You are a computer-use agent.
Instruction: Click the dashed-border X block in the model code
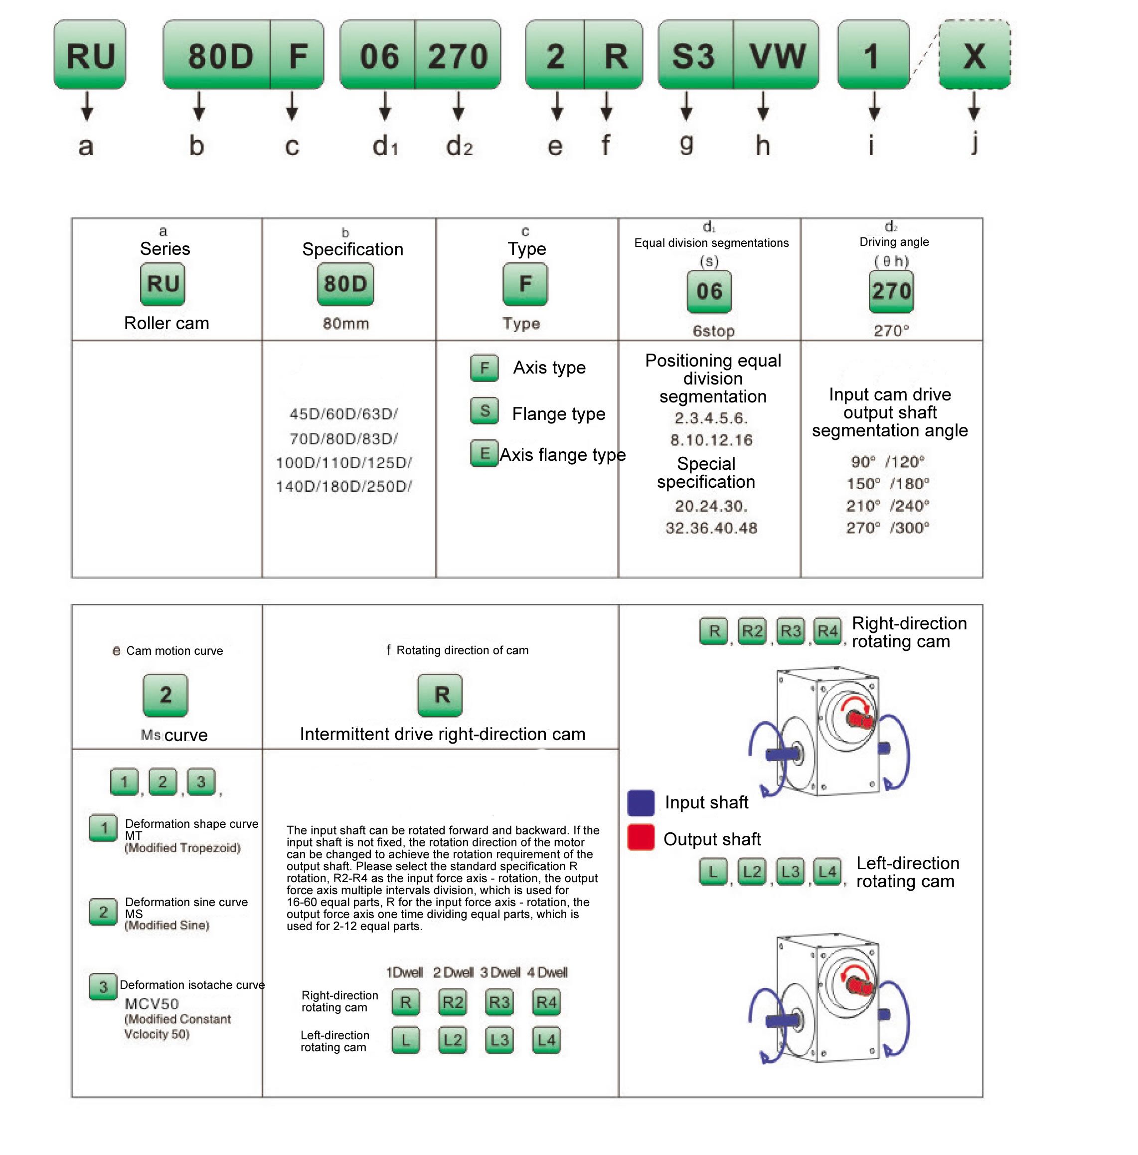pos(974,55)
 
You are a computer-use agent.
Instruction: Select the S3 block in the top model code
pos(694,55)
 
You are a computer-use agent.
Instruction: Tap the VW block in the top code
pos(777,55)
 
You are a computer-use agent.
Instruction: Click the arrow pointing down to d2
pos(459,106)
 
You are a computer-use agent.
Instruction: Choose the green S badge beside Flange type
pos(484,411)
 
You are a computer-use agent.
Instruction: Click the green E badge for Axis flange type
pos(484,454)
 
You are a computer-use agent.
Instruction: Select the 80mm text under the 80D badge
pos(346,324)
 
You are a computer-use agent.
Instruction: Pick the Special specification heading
pos(706,473)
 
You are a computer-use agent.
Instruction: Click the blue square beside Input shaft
pos(641,803)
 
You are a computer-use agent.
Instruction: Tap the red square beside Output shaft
pos(641,837)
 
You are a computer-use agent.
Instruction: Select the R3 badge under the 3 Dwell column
pos(499,1002)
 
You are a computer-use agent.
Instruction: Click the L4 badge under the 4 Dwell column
pos(546,1041)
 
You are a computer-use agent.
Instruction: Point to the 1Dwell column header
pos(404,972)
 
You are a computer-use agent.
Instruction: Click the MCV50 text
pos(152,1004)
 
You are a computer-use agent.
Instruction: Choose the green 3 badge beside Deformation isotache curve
pos(103,987)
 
